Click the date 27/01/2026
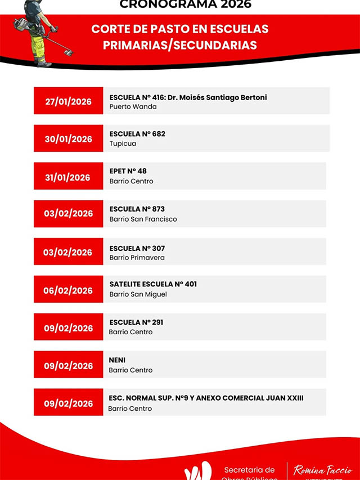tap(68, 101)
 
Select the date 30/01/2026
tap(68, 139)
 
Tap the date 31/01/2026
tap(68, 177)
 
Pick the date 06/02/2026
tap(68, 290)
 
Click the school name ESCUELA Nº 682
tap(137, 134)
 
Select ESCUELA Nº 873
tap(137, 209)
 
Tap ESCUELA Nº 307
tap(137, 248)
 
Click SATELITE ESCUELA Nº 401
tap(153, 284)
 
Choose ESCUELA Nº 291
tap(137, 322)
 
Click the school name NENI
tap(117, 360)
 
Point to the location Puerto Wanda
tap(133, 106)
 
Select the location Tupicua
tap(123, 143)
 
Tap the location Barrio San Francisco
tap(143, 219)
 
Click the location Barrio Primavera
tap(137, 258)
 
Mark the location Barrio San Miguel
tap(138, 294)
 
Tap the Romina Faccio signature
tap(323, 470)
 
